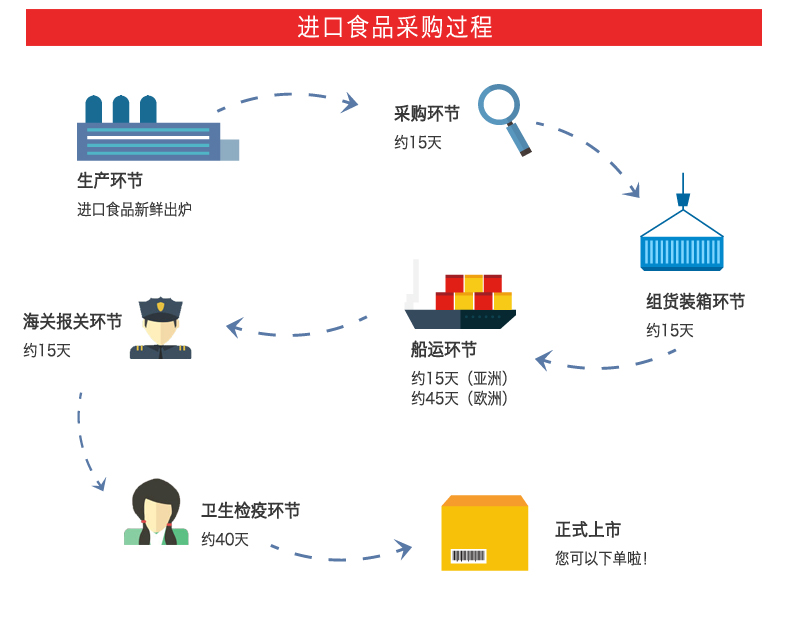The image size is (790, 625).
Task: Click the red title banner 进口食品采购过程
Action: coord(394,27)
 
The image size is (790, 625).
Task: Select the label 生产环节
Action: coord(110,181)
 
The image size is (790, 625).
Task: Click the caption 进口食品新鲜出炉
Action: coord(134,209)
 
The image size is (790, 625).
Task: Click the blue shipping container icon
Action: coord(682,243)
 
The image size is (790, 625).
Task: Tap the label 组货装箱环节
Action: coord(695,302)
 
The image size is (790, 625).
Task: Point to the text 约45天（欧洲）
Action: coord(460,398)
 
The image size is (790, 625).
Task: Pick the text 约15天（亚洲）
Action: coord(460,378)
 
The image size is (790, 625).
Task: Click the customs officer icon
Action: coord(160,327)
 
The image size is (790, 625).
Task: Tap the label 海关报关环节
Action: coord(73,322)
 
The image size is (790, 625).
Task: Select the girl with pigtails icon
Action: coord(156,513)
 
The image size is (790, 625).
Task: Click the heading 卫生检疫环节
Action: coord(250,511)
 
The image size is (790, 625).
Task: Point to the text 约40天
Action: coord(225,539)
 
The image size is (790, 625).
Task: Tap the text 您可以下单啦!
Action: coord(601,558)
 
